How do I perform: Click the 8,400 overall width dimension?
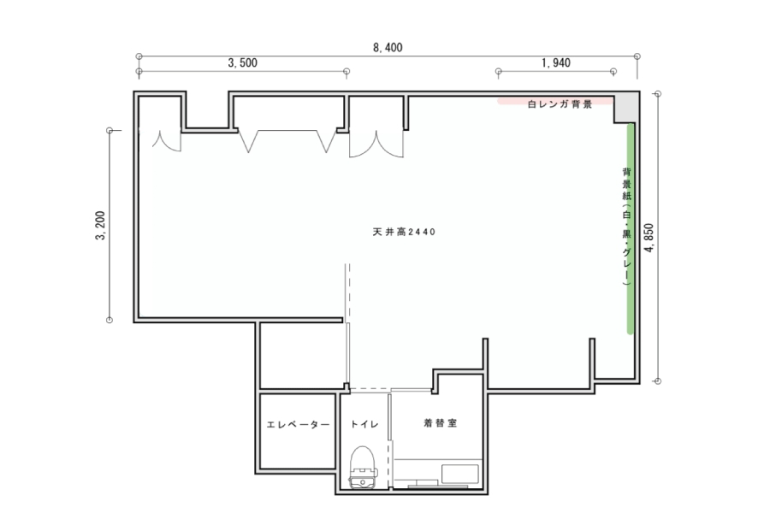(x=388, y=48)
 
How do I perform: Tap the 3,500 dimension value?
(x=243, y=62)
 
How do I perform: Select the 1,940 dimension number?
(x=556, y=62)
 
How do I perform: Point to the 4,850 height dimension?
(x=649, y=238)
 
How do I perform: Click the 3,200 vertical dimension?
(x=100, y=226)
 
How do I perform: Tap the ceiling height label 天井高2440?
(x=404, y=232)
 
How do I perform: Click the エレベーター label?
(x=298, y=424)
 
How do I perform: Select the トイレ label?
(x=364, y=424)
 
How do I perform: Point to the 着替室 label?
(x=440, y=422)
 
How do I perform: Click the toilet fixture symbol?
(x=363, y=467)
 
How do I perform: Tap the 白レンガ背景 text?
(x=560, y=104)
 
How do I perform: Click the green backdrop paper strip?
(x=631, y=229)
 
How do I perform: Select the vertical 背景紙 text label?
(x=626, y=227)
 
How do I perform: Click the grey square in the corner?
(x=625, y=109)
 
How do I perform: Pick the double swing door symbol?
(x=376, y=144)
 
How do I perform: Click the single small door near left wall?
(x=167, y=140)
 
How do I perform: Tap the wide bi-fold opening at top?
(x=287, y=141)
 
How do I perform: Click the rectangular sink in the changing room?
(x=459, y=474)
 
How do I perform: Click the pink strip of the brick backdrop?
(x=556, y=102)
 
